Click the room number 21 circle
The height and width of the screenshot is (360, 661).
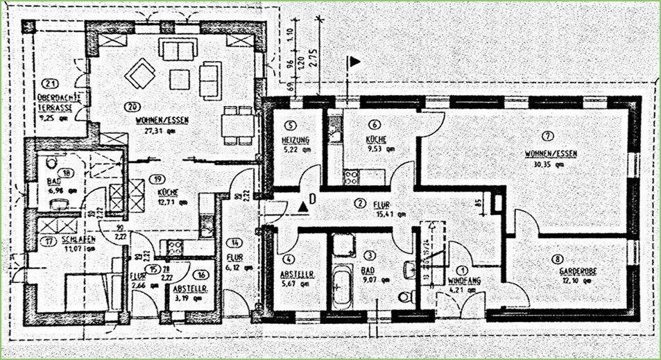pos(47,83)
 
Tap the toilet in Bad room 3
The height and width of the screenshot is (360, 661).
pos(406,297)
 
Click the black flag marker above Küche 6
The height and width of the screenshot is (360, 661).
pos(354,62)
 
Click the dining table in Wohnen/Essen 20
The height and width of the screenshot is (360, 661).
pos(238,126)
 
